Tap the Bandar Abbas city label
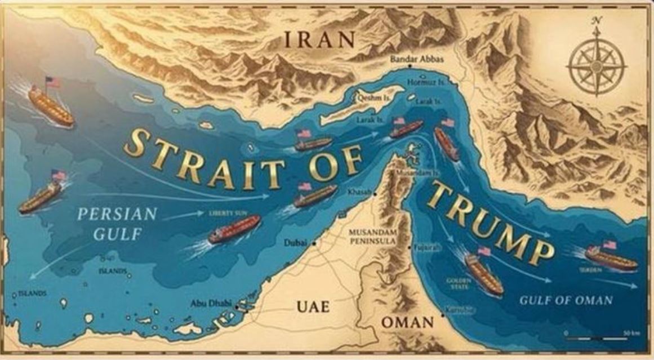click(417, 59)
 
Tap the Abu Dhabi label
click(211, 303)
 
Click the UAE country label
click(313, 306)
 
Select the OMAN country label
click(408, 323)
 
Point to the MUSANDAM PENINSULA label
click(373, 236)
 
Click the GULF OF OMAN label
click(565, 300)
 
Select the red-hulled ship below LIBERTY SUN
click(235, 228)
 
